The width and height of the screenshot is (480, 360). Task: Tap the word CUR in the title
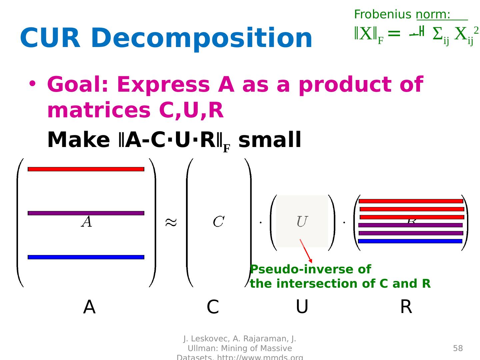50,38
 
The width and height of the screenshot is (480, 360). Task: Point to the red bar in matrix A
86,169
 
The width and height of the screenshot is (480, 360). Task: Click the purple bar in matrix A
86,213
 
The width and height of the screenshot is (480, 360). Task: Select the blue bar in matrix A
86,257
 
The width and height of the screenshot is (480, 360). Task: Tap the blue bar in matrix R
410,241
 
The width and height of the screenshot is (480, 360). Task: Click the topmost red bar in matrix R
411,201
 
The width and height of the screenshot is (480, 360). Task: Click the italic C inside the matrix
219,222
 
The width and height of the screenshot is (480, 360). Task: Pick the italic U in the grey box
301,222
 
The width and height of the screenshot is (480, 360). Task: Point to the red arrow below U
306,251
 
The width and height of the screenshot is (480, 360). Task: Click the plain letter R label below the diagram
406,307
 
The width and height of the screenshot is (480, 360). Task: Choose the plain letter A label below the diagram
89,307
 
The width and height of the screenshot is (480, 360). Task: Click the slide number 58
458,348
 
